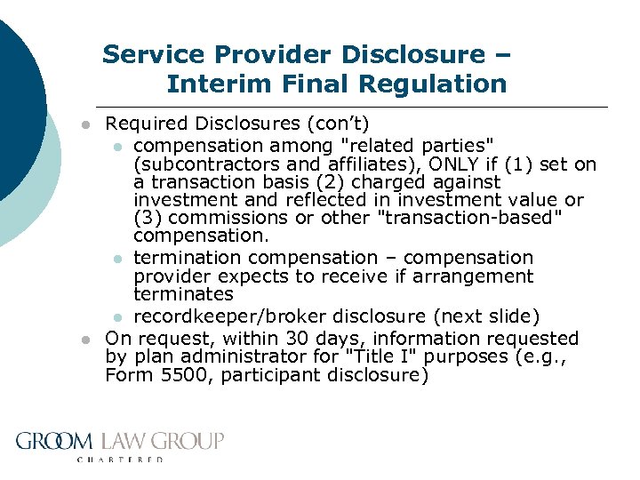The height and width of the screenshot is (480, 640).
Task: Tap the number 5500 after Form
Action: coord(176,375)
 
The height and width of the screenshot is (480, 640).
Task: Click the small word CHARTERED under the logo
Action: coord(121,460)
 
